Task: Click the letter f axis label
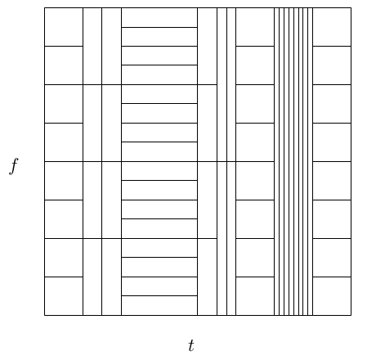point(14,166)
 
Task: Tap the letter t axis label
point(191,345)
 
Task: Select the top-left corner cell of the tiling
point(64,27)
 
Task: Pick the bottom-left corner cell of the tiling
point(64,296)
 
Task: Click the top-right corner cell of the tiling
point(332,27)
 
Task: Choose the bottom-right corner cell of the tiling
point(332,296)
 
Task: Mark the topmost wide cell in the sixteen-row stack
point(159,17)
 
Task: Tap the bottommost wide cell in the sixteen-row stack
point(159,306)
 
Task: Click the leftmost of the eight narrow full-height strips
point(276,161)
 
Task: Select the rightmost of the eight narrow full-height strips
point(311,161)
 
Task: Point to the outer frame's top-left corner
point(44,7)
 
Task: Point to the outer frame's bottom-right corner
point(351,316)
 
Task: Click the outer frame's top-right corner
point(351,7)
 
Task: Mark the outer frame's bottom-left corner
point(44,316)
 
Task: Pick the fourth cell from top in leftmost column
point(64,142)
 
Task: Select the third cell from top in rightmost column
point(332,104)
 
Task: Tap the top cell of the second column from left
point(92,46)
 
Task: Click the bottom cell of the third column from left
point(112,277)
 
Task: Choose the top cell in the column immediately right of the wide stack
point(208,46)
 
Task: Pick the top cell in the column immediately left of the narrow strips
point(255,27)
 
